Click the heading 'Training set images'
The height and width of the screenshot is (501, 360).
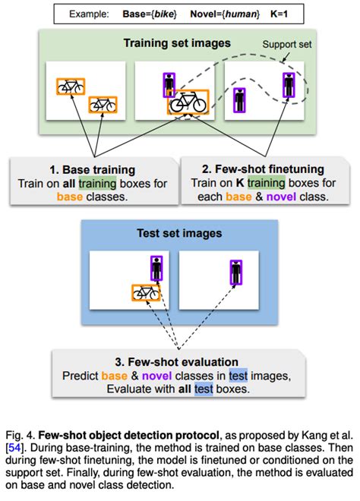[x=177, y=43]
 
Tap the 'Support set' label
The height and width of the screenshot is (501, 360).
[x=287, y=45]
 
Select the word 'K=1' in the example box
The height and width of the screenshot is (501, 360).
[x=279, y=14]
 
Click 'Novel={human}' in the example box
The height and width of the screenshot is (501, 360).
[x=225, y=14]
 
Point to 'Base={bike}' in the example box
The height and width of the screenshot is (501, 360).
[x=150, y=14]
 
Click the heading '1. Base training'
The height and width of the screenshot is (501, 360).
[x=93, y=170]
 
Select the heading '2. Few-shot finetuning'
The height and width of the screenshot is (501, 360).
[x=263, y=169]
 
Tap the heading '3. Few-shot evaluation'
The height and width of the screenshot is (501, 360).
[x=176, y=362]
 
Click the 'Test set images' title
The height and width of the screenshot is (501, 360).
[x=179, y=233]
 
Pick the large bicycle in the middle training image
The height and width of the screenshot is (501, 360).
[x=188, y=102]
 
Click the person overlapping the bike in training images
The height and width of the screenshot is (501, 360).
[x=169, y=85]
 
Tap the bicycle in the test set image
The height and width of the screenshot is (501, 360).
[x=146, y=292]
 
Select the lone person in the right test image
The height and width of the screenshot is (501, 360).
[x=236, y=273]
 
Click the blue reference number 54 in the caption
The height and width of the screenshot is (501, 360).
[x=14, y=448]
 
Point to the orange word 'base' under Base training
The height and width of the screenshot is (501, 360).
[x=70, y=197]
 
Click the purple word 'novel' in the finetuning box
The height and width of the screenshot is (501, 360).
[x=281, y=197]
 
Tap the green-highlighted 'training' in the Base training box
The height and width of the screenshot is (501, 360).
[x=97, y=184]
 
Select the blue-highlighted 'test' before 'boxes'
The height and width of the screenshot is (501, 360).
[x=204, y=389]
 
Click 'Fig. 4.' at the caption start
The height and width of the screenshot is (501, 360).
[x=21, y=436]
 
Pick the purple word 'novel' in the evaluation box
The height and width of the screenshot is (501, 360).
[x=157, y=376]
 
